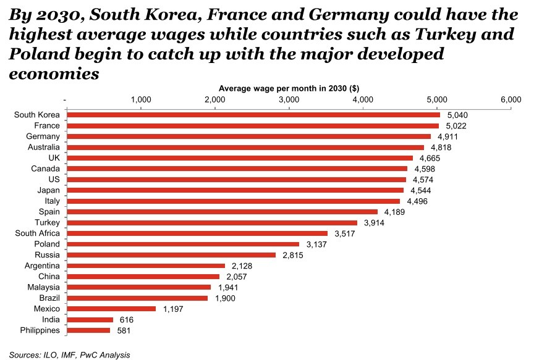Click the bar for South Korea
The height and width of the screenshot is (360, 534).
coord(253,115)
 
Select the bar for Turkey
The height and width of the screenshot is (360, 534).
coord(211,223)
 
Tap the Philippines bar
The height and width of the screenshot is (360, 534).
coord(88,330)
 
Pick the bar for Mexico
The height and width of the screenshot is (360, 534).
coord(111,309)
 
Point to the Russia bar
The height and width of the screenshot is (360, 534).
coord(171,255)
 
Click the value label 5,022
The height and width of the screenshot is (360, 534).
coord(457,126)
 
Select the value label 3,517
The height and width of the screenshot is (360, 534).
coord(345,233)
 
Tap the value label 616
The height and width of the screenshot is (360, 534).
coord(126,320)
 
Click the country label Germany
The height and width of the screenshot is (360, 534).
coord(43,136)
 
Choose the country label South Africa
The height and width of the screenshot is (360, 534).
coord(37,233)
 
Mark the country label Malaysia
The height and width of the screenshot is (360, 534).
coord(43,287)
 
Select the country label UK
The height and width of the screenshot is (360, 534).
coord(54,158)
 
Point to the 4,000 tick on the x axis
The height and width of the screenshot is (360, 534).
coord(363,99)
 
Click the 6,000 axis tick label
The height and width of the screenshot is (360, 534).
coord(511,99)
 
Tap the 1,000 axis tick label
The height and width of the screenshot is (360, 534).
coord(141,99)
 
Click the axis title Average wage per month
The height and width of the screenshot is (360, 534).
coord(289,88)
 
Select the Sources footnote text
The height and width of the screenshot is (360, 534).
coord(69,355)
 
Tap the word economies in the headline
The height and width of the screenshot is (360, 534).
coord(54,74)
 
